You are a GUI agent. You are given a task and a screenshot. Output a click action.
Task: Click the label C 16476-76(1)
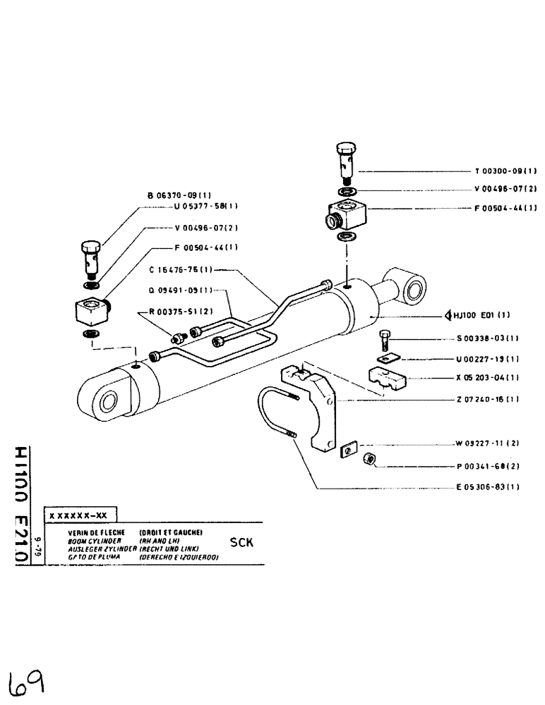click(181, 269)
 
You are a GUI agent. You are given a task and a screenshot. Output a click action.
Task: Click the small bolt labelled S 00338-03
click(384, 341)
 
